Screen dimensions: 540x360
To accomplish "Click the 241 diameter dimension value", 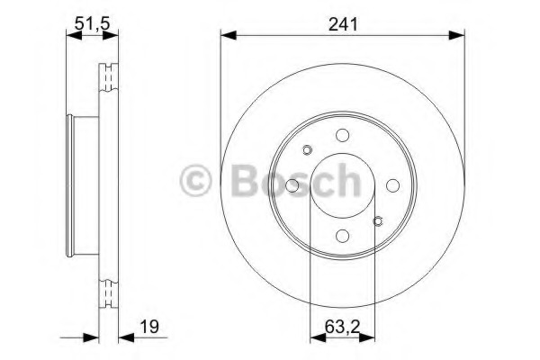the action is tap(343, 24).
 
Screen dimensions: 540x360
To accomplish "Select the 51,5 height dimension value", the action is tap(92, 23).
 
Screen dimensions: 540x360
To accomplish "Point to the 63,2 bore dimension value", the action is tap(342, 327).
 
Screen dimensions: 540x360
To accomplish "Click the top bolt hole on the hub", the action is tap(342, 135).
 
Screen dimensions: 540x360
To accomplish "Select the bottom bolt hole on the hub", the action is tap(342, 236).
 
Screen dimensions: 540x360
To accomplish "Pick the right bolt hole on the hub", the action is tap(392, 185).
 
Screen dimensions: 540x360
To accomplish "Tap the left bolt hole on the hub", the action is tap(292, 185).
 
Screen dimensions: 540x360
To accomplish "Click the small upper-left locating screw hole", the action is tap(307, 150).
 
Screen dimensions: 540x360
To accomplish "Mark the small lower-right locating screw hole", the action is tap(378, 221).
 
